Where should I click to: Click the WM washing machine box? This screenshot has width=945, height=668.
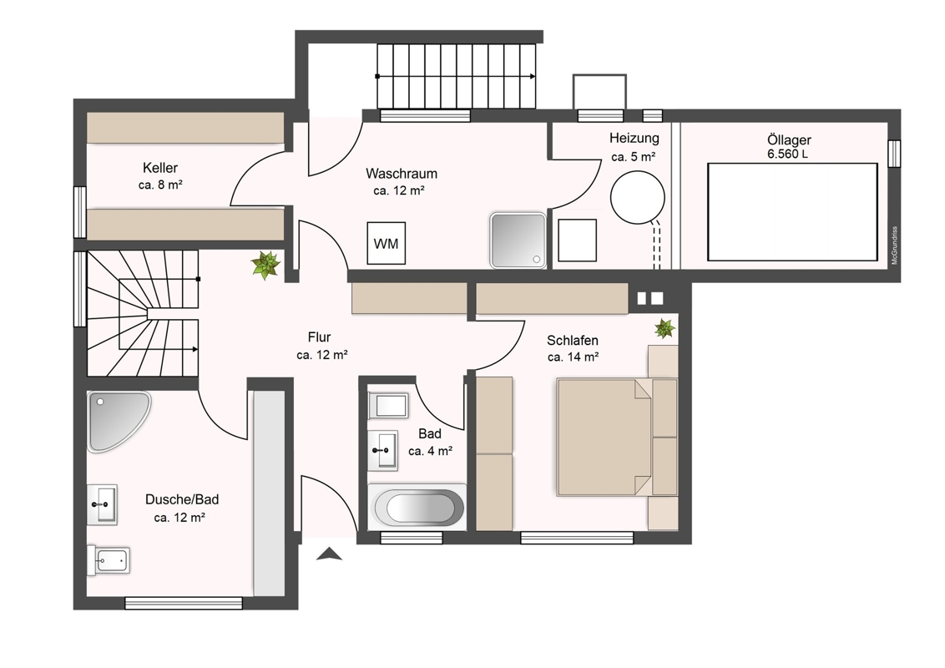click(x=387, y=244)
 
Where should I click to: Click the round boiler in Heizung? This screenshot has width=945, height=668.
click(x=637, y=197)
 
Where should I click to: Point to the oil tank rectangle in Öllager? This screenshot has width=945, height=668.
click(x=792, y=211)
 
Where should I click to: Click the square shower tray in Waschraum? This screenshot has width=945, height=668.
click(x=518, y=240)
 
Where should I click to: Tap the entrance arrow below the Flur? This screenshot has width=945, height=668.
click(x=329, y=554)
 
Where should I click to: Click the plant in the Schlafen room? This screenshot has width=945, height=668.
click(x=665, y=329)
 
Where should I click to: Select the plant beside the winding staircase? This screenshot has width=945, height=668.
click(x=265, y=266)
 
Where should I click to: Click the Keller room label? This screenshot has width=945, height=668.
click(x=159, y=168)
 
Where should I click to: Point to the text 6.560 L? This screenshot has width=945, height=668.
click(x=787, y=154)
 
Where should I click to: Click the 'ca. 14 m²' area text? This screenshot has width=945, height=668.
click(x=573, y=357)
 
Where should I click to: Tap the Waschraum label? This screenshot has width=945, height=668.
click(x=402, y=174)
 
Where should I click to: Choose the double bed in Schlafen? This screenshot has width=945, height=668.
click(x=604, y=437)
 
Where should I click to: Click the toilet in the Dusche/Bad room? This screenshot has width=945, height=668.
click(x=108, y=560)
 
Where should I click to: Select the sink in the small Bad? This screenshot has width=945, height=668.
click(x=382, y=450)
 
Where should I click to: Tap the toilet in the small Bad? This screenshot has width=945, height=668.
click(x=388, y=405)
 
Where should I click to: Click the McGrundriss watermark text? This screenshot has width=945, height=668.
click(x=894, y=245)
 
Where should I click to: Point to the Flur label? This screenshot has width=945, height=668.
click(x=319, y=337)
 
